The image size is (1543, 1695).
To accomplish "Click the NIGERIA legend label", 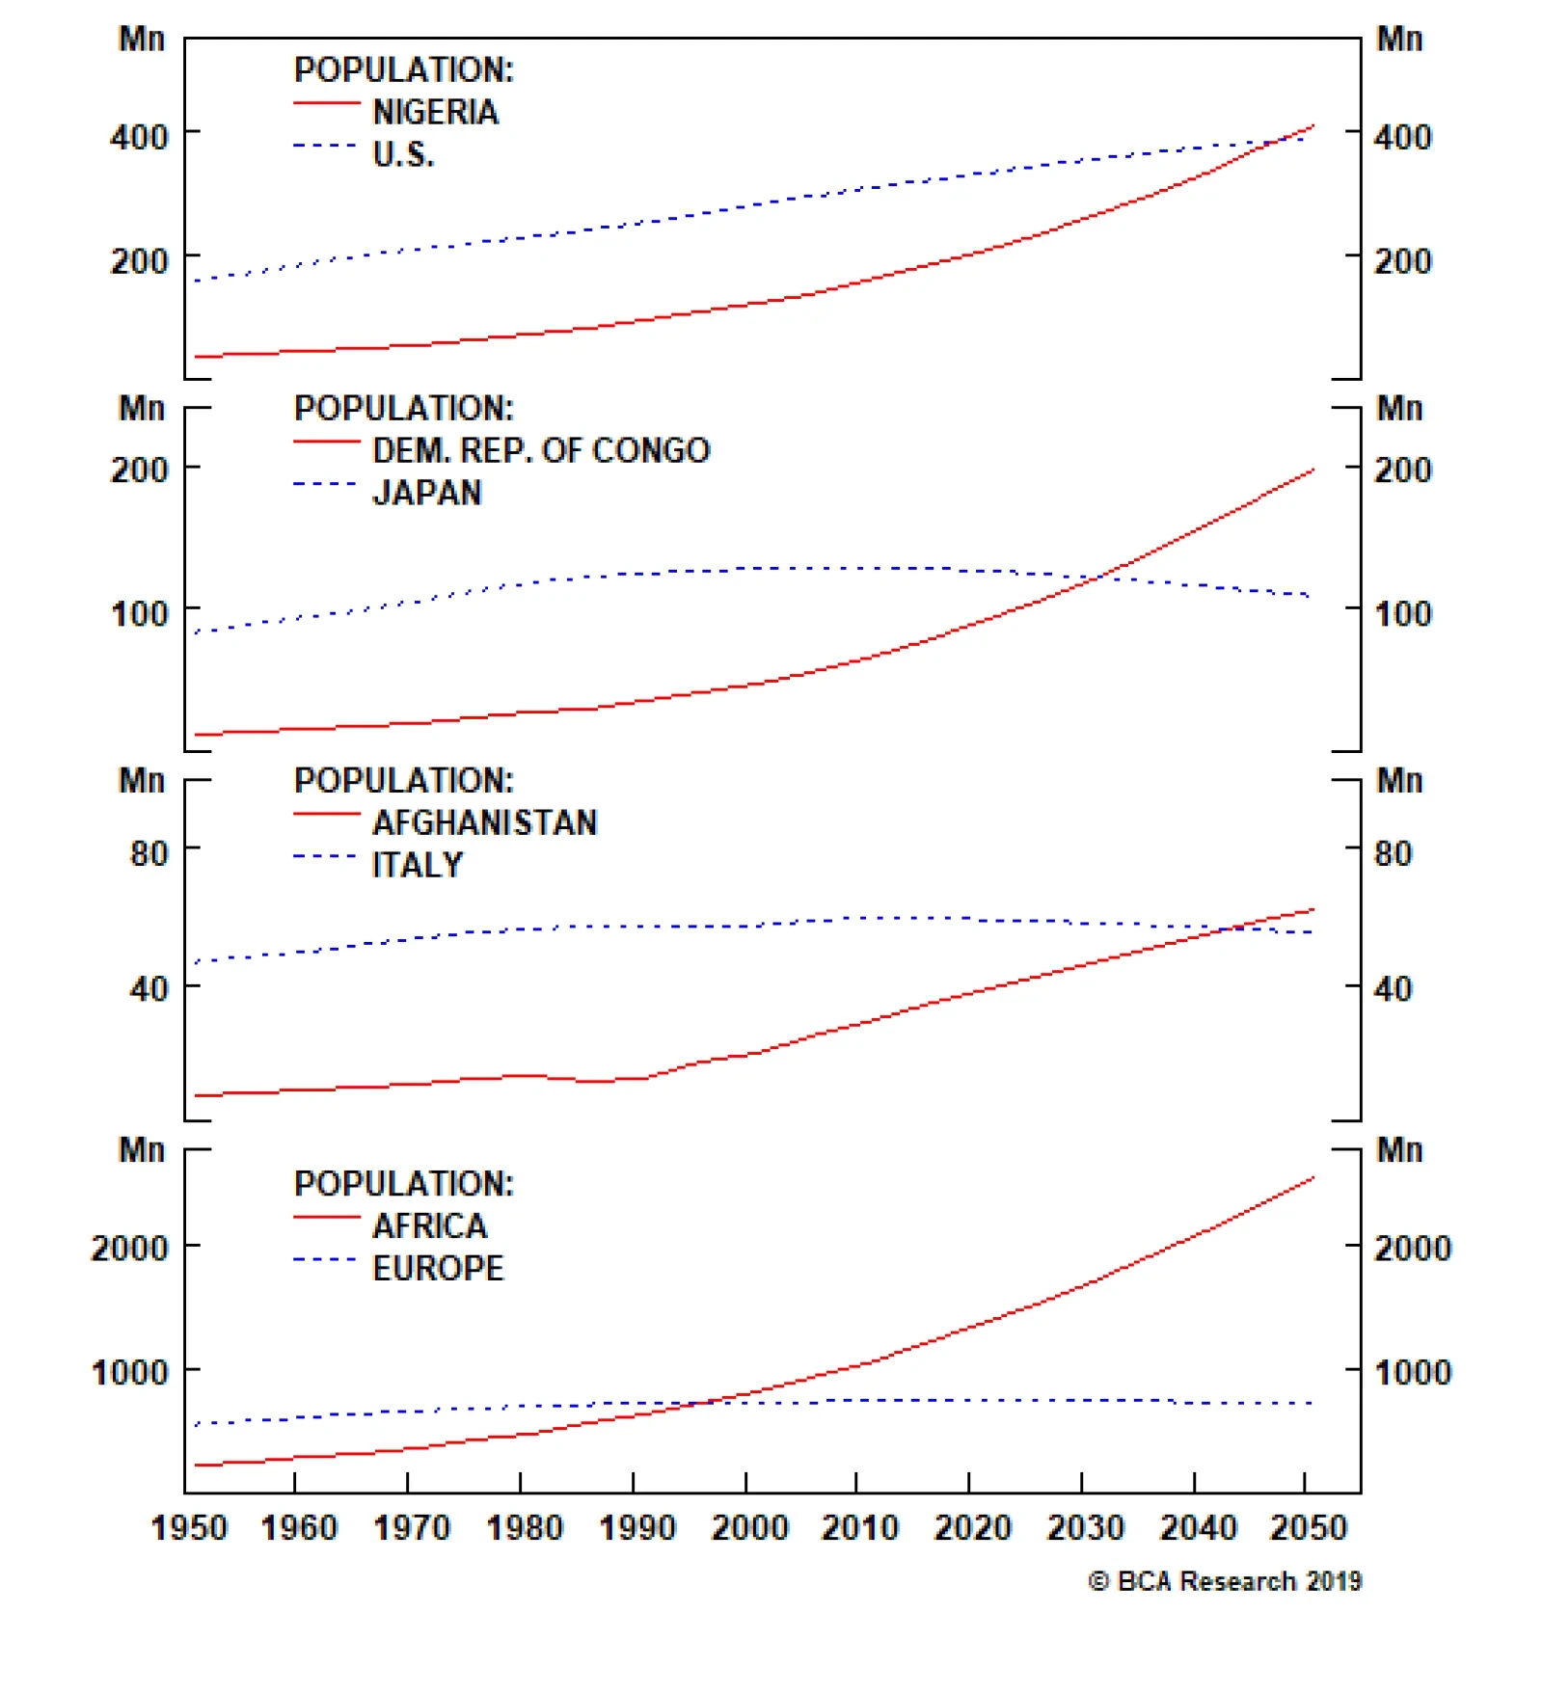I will point(435,113).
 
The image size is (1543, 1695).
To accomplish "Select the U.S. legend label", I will point(403,154).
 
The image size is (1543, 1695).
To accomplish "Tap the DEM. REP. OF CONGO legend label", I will point(541,450).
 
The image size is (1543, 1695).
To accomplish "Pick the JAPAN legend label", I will point(427,493).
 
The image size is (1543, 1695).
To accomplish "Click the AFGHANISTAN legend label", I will point(485,822).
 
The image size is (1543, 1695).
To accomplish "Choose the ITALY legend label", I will point(418,865).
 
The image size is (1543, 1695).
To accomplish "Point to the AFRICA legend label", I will point(430,1225).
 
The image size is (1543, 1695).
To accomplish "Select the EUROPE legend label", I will point(438,1268).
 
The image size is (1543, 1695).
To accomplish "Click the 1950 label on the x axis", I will point(189,1527).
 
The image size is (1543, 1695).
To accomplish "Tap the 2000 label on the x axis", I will point(749,1527).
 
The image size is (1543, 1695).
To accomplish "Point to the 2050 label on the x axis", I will point(1309,1527).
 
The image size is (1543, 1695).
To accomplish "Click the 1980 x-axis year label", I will point(525,1527).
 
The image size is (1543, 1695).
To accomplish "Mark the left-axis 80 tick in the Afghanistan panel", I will point(149,853).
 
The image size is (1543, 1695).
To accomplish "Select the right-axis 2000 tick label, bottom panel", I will point(1412,1248).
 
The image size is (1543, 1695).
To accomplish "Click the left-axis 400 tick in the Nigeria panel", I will point(139,137).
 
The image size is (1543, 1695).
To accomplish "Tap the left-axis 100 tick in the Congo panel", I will point(139,613).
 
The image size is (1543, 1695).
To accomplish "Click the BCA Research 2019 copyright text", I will point(1225,1581).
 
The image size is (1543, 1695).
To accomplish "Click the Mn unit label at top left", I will point(142,39).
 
